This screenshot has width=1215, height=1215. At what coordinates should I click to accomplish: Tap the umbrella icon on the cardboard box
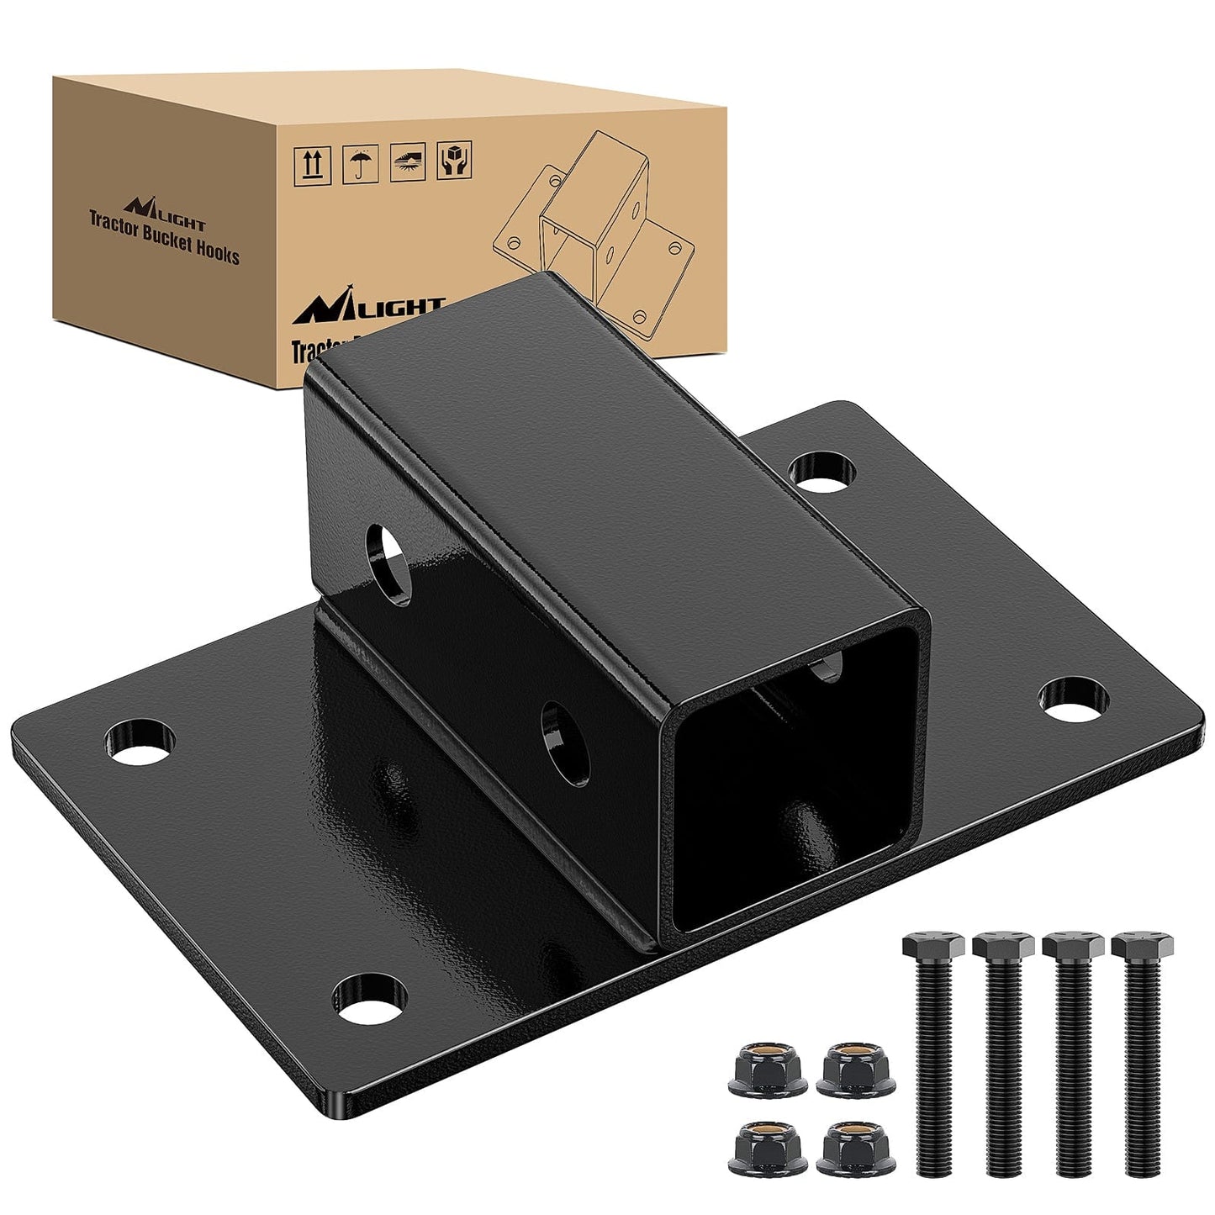point(360,164)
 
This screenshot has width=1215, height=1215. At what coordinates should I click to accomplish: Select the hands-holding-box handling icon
point(455,160)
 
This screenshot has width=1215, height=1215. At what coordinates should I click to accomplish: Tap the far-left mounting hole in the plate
point(141,741)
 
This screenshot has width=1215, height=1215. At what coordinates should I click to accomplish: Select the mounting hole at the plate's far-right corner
point(1073,700)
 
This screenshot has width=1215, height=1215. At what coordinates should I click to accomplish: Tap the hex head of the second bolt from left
point(1003,947)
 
